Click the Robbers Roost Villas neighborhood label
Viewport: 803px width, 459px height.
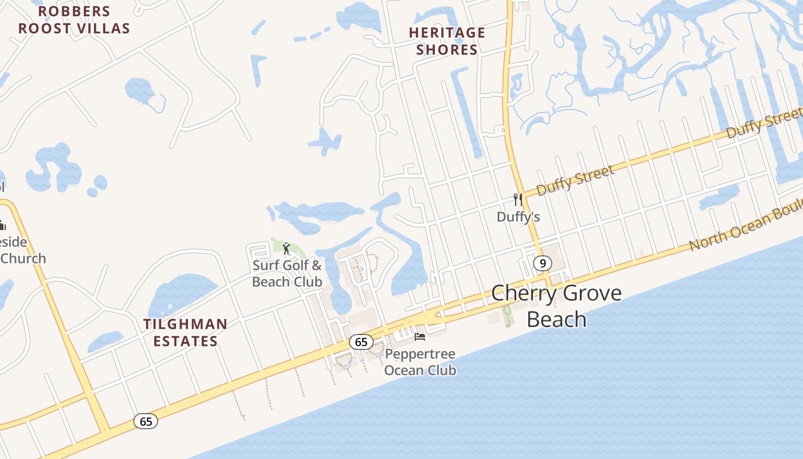(x=74, y=20)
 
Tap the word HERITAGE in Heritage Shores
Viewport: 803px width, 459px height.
(x=447, y=33)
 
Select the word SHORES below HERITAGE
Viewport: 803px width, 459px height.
(x=447, y=50)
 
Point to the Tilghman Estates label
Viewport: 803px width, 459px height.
(x=185, y=333)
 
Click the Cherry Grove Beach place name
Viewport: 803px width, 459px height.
(x=556, y=306)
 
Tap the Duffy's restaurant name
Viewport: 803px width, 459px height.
(x=518, y=217)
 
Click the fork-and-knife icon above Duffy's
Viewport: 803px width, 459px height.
(x=518, y=200)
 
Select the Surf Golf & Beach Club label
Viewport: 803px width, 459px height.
(x=287, y=274)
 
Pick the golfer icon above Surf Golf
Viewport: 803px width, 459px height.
(x=286, y=248)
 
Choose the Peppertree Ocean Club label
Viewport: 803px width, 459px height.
(x=420, y=362)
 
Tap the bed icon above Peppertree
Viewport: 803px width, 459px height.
(x=420, y=337)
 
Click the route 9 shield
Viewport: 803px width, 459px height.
(x=542, y=263)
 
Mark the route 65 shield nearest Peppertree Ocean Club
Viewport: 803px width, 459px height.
(x=361, y=342)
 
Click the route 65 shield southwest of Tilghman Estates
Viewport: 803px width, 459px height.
(x=146, y=421)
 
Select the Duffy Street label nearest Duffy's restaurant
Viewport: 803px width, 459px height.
(x=575, y=180)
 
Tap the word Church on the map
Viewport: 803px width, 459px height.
(x=23, y=258)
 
